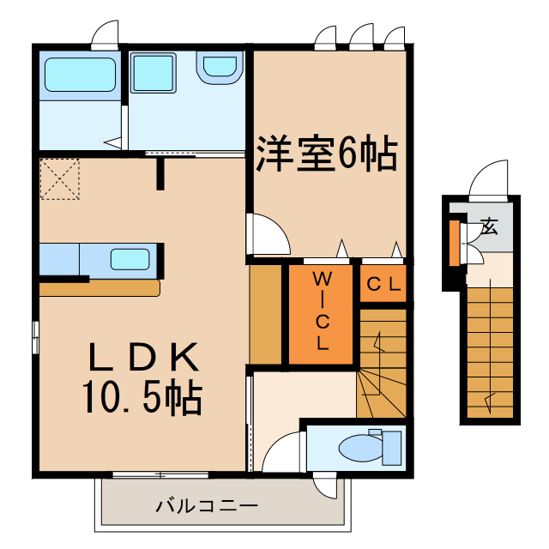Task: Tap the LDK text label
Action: point(144,356)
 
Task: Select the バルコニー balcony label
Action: point(206,505)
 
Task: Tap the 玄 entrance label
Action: point(490,228)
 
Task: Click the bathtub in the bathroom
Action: point(80,75)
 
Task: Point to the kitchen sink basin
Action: point(130,258)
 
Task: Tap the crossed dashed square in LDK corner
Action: point(59,178)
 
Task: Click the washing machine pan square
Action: point(154,71)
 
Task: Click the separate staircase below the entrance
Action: point(491,352)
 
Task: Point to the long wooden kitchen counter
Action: point(99,289)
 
